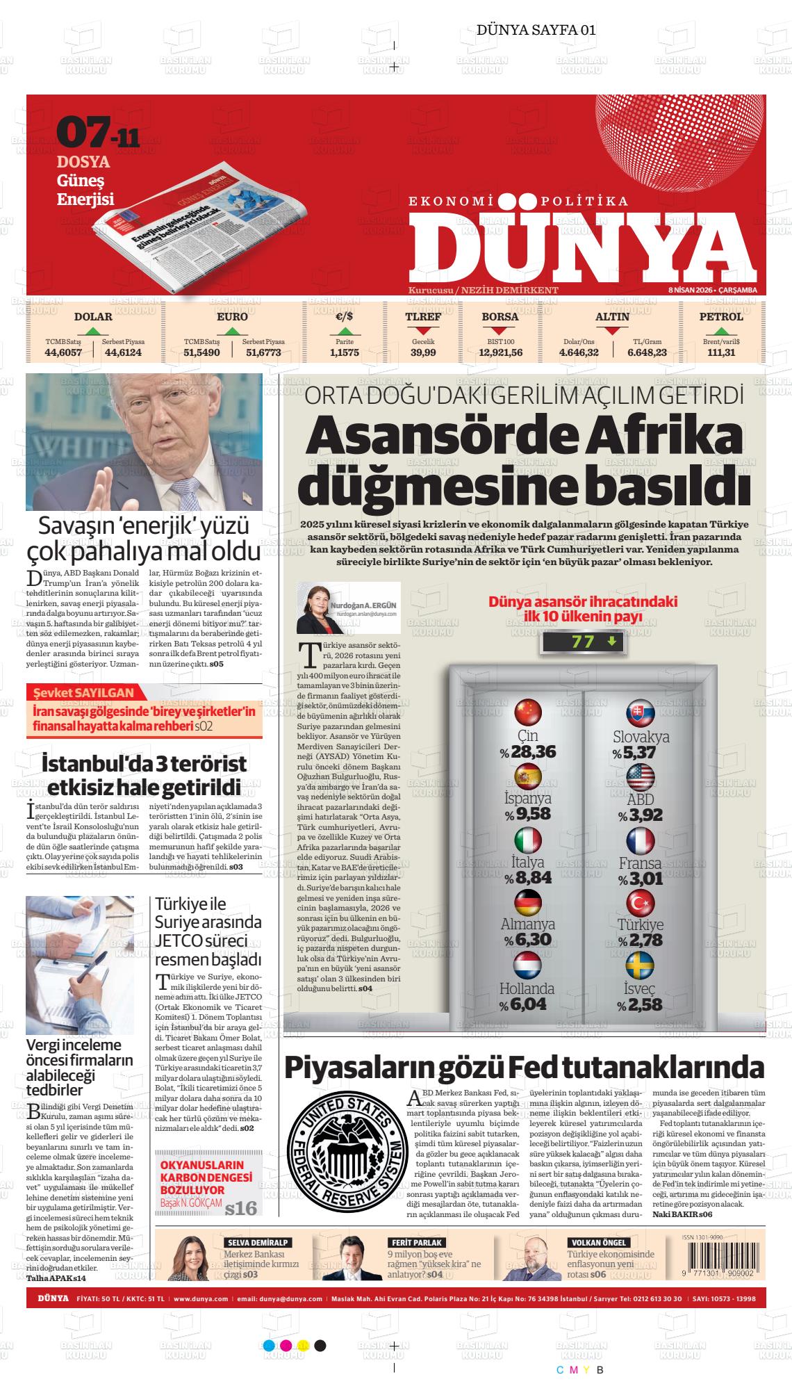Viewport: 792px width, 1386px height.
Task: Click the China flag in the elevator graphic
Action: pyautogui.click(x=527, y=712)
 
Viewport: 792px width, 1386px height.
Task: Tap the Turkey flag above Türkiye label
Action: pyautogui.click(x=640, y=904)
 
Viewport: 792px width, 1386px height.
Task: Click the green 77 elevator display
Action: pyautogui.click(x=584, y=642)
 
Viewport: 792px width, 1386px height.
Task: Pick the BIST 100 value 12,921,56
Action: pyautogui.click(x=500, y=352)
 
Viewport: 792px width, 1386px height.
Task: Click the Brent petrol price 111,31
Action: pyautogui.click(x=721, y=352)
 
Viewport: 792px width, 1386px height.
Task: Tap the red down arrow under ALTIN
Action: pyautogui.click(x=612, y=331)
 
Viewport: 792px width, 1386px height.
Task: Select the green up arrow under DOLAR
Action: pyautogui.click(x=93, y=331)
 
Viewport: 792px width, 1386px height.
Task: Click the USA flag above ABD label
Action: pyautogui.click(x=640, y=776)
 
